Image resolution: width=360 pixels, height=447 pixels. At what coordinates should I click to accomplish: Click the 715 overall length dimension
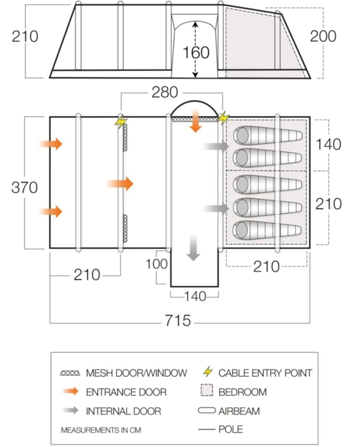click(178, 320)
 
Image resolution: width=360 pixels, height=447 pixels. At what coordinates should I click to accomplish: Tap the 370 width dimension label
click(25, 187)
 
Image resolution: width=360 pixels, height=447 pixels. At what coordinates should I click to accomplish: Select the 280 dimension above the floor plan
click(165, 92)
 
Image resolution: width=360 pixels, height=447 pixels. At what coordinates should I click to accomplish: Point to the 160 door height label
click(196, 53)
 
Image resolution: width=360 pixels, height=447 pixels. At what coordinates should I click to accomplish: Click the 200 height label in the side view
click(323, 37)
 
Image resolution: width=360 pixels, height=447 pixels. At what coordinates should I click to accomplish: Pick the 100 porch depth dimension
click(156, 264)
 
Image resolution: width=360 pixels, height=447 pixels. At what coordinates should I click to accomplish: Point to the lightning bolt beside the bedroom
click(223, 118)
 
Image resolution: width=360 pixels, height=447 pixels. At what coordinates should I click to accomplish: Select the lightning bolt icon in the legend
click(208, 372)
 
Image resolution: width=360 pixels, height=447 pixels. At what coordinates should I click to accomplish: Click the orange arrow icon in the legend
click(70, 391)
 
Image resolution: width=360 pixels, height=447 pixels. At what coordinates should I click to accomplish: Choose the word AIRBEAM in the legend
click(239, 411)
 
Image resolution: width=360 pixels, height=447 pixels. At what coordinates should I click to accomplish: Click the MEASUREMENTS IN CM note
click(101, 430)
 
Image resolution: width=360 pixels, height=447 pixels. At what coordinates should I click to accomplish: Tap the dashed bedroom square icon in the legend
click(207, 391)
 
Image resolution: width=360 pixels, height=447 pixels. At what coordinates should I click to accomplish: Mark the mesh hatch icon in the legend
click(70, 372)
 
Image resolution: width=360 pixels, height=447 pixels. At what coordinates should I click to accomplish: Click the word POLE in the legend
click(230, 429)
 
